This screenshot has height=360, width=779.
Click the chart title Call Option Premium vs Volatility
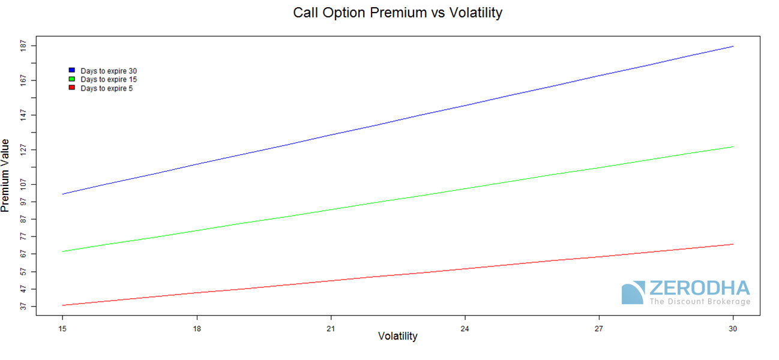tap(397, 13)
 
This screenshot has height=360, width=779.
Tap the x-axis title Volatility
tap(397, 336)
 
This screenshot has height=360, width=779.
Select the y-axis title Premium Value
tap(5, 176)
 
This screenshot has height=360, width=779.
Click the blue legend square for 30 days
tap(72, 70)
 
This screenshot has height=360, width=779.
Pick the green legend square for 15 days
tap(72, 79)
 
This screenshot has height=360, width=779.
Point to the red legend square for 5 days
tap(72, 88)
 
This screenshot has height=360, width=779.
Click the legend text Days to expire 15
tap(109, 80)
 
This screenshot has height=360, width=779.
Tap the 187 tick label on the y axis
tap(23, 46)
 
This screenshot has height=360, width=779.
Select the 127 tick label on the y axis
tap(23, 150)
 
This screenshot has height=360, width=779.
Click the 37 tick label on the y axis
tap(23, 306)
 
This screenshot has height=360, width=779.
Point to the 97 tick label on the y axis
tap(23, 202)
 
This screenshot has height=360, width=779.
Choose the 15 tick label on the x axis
tap(62, 329)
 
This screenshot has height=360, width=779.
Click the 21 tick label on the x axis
tap(331, 329)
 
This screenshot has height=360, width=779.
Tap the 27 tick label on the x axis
tap(599, 329)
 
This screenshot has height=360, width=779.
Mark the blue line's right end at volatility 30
tap(733, 46)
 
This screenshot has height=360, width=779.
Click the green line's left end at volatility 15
tap(62, 251)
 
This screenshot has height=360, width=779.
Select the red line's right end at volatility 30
tap(733, 244)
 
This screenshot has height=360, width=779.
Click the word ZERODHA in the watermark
tap(700, 288)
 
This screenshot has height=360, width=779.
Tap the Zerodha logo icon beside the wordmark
tap(633, 293)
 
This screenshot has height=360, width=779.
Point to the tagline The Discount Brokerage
tap(700, 301)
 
